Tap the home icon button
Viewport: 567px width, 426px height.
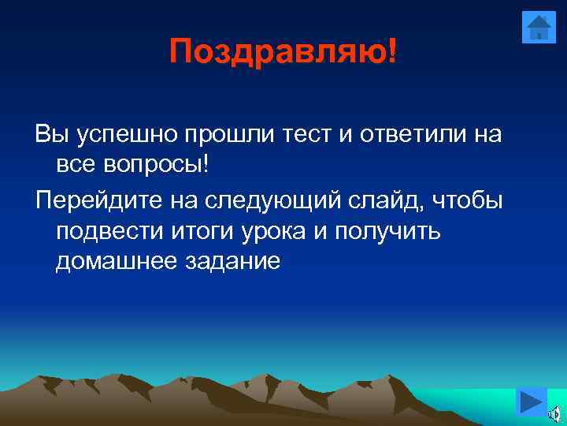(539, 28)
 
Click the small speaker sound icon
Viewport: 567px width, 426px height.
(554, 413)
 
